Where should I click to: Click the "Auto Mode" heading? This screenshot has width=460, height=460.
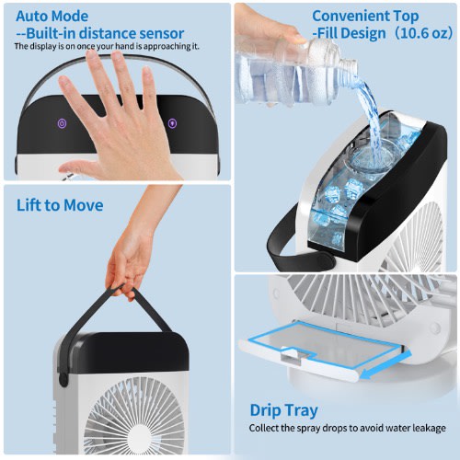click(52, 17)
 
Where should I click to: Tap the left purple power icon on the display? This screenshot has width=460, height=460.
click(62, 123)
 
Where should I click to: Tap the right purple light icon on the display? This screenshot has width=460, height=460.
click(173, 123)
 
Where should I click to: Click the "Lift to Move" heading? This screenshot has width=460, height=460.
click(60, 205)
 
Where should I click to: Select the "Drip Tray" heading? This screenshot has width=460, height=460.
click(284, 410)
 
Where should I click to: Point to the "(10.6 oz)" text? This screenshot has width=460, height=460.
click(423, 33)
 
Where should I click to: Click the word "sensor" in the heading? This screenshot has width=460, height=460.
click(162, 33)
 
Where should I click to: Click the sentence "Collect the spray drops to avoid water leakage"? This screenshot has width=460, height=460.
click(348, 428)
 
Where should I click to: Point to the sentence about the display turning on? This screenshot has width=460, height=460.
click(107, 46)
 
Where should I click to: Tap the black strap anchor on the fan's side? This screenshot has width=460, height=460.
click(63, 378)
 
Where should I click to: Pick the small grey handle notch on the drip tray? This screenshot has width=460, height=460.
click(293, 356)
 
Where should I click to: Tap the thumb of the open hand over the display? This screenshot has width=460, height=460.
click(76, 168)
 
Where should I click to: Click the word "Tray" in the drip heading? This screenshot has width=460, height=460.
click(302, 411)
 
